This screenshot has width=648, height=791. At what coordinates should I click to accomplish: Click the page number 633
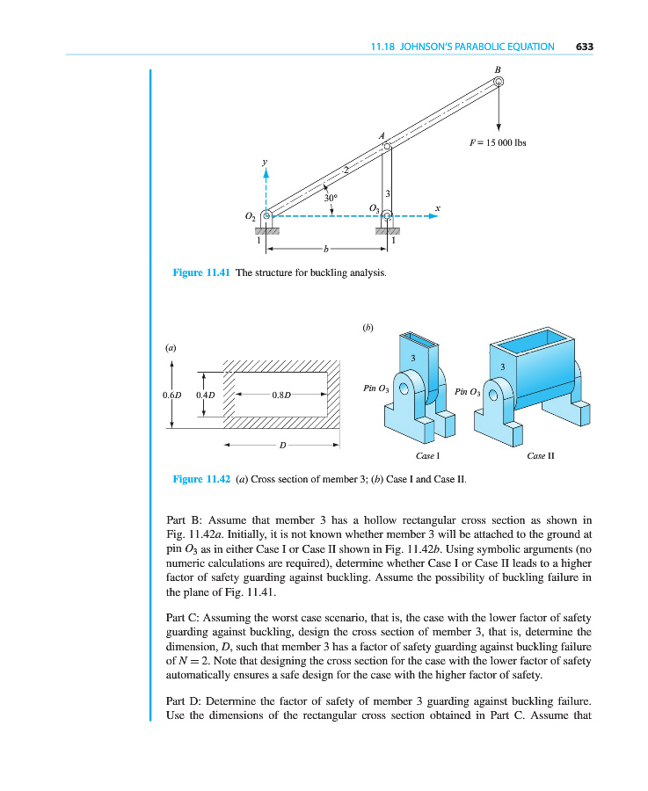(585, 47)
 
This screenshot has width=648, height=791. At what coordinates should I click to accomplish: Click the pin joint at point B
(498, 83)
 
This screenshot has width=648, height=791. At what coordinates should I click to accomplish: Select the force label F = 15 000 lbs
(498, 142)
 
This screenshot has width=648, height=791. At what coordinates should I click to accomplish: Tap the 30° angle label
(331, 198)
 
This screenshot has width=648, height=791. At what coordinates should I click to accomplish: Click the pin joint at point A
(387, 146)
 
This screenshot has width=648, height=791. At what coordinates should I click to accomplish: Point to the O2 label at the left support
(250, 215)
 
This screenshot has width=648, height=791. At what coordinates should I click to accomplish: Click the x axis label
(437, 207)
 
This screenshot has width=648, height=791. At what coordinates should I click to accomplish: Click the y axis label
(264, 163)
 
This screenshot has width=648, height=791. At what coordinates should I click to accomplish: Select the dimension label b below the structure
(325, 250)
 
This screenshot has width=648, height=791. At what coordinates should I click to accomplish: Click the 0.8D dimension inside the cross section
(281, 395)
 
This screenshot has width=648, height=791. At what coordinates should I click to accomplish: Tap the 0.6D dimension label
(172, 395)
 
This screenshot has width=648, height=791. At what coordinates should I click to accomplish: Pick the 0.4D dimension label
(205, 395)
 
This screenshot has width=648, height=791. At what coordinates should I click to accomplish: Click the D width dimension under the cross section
(281, 445)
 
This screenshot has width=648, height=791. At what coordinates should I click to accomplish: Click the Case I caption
(427, 456)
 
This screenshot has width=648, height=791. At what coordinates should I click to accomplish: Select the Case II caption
(540, 456)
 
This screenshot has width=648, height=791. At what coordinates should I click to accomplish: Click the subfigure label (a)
(171, 347)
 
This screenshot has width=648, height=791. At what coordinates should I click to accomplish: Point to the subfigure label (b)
(368, 328)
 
